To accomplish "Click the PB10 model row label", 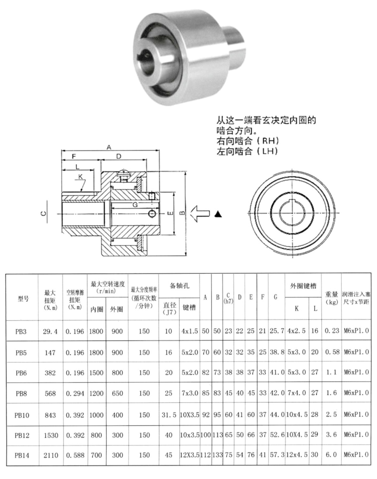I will click(x=21, y=415).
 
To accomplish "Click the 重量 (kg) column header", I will click(x=332, y=298).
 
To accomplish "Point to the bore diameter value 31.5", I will click(x=168, y=415).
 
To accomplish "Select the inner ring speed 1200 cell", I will click(x=96, y=394).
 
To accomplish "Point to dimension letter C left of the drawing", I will click(x=43, y=214).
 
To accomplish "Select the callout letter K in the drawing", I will click(x=80, y=177).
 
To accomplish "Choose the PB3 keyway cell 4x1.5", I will click(x=189, y=331).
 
